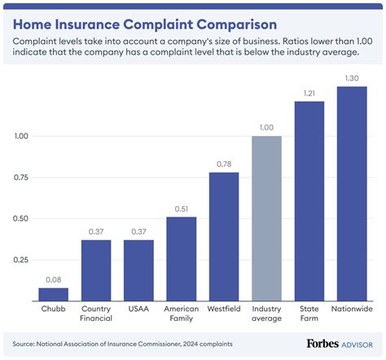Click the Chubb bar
(x=54, y=294)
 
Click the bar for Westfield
(x=224, y=236)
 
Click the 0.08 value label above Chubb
(x=54, y=279)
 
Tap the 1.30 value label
(x=351, y=77)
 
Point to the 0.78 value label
(x=224, y=164)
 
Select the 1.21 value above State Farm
(x=309, y=93)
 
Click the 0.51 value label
(x=182, y=209)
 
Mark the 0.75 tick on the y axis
(x=23, y=178)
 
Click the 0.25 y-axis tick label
(x=23, y=260)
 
